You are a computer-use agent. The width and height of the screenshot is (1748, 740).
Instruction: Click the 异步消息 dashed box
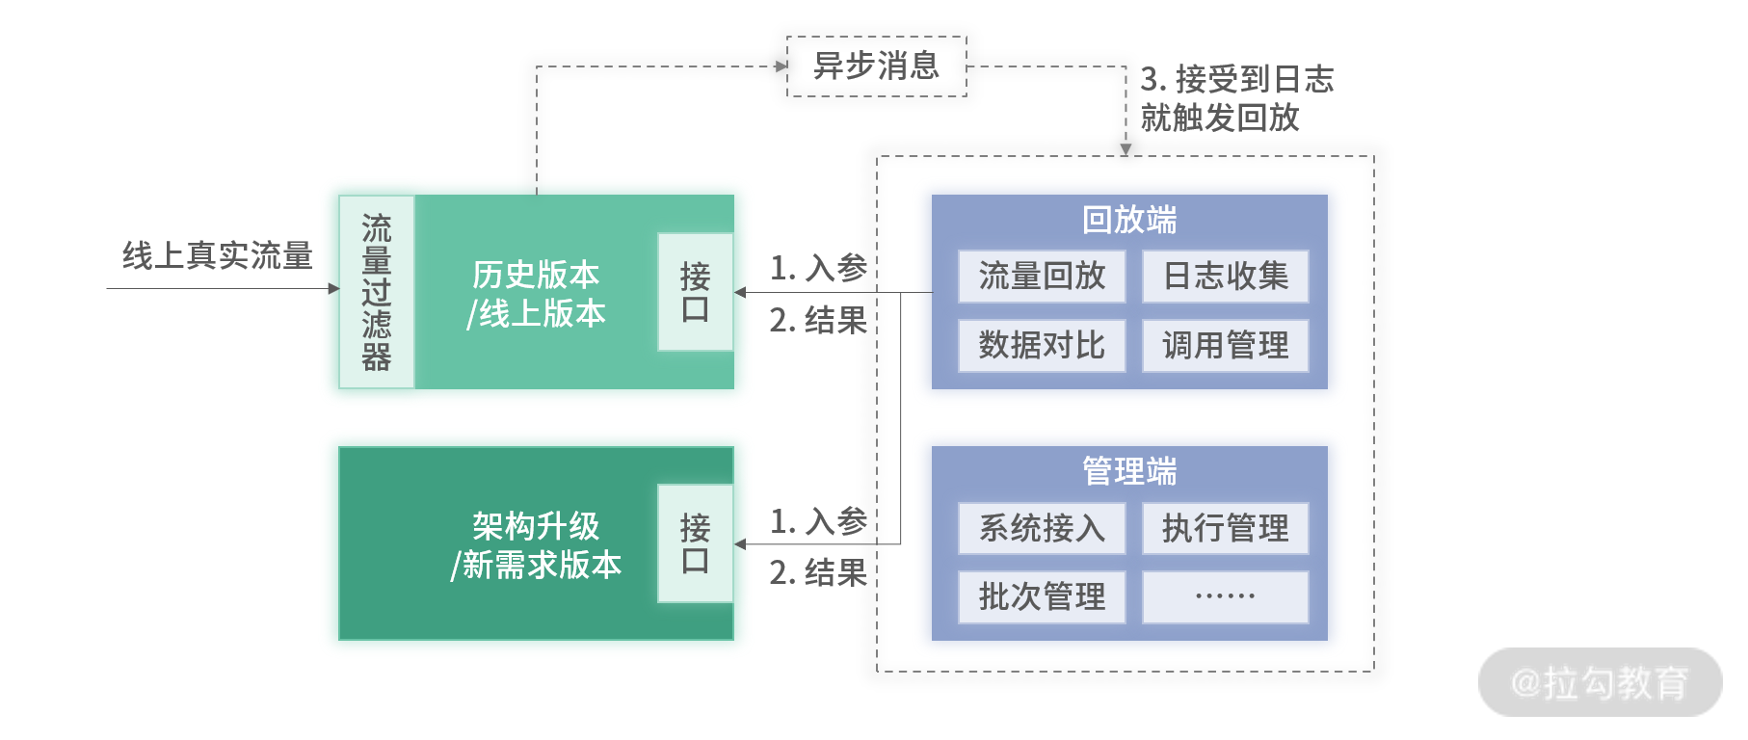(876, 66)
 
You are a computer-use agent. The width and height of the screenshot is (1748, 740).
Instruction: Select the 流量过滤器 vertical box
(377, 292)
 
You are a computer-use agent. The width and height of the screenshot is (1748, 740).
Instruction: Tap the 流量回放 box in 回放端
(1042, 277)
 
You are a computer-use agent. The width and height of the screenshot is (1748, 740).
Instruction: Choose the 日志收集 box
(1226, 277)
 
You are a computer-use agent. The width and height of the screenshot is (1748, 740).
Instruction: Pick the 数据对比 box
(1042, 345)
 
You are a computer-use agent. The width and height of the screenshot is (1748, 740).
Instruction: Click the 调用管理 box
(1226, 345)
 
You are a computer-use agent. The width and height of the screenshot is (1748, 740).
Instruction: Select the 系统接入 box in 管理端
(1042, 528)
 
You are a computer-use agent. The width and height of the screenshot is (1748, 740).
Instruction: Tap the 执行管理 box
(1226, 528)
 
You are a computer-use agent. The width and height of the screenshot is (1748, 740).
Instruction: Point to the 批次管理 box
(1042, 597)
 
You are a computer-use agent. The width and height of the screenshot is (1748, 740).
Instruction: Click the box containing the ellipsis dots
(1226, 597)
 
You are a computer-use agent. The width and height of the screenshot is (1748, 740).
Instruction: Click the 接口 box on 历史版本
(695, 292)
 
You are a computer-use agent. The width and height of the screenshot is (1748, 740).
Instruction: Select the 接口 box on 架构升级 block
(695, 543)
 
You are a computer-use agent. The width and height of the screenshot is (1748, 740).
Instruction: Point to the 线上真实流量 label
(218, 255)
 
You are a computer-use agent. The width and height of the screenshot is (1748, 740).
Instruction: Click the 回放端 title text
(1129, 220)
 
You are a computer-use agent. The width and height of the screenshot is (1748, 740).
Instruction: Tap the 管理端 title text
(1129, 471)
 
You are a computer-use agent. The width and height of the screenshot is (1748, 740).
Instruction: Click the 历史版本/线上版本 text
(536, 294)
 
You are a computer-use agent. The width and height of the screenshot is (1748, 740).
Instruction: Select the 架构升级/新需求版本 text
(536, 545)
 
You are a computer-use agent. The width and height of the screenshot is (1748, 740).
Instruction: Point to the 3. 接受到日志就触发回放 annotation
(1237, 98)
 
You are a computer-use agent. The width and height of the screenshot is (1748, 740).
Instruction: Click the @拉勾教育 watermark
(1600, 682)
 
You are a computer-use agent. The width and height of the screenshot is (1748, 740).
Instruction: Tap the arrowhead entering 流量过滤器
(333, 288)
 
